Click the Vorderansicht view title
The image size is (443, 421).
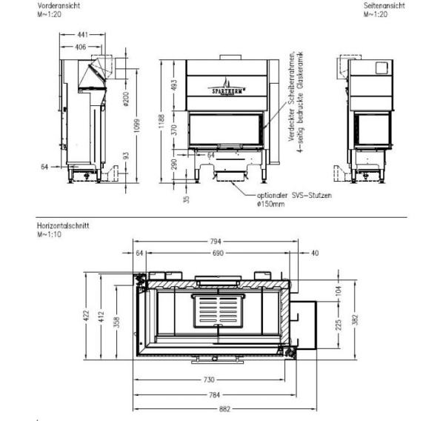59,6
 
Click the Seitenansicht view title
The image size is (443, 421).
384,6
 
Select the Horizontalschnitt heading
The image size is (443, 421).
63,225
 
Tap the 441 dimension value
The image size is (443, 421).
82,35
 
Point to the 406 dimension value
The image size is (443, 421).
81,47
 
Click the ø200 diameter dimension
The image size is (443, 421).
126,99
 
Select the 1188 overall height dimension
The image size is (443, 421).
161,121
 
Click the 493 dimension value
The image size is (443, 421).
174,85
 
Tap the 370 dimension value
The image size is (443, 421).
174,130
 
